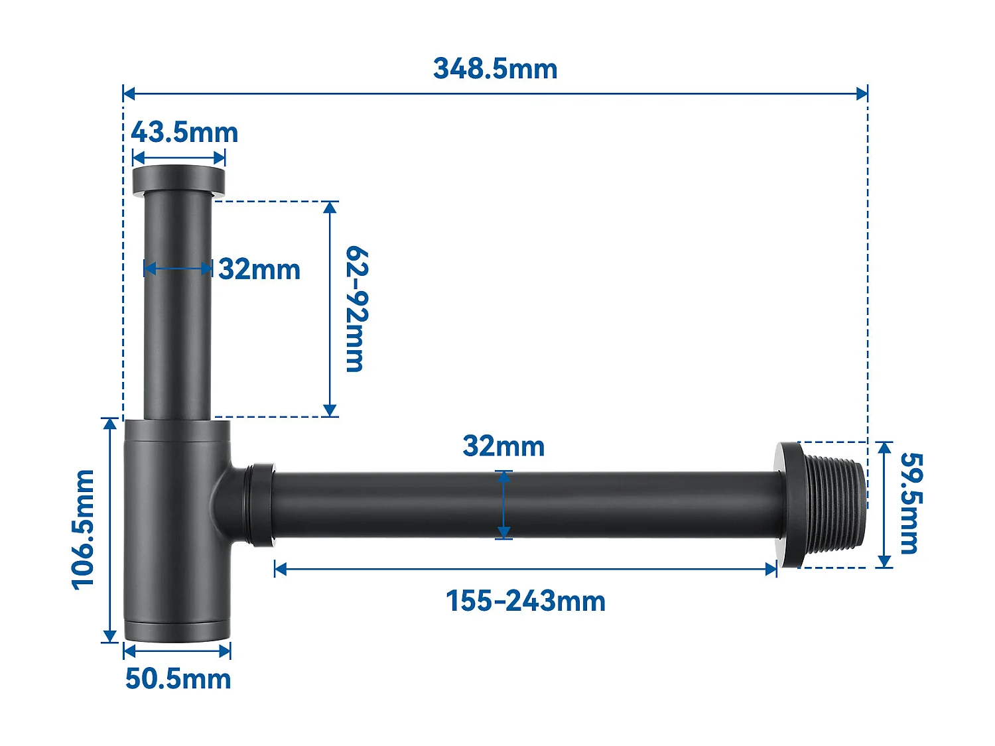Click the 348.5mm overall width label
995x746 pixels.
coord(495,69)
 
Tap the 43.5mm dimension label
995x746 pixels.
coord(184,133)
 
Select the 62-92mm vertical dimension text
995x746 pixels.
coord(356,309)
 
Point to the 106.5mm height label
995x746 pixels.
coord(84,529)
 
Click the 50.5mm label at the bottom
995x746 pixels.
coord(178,679)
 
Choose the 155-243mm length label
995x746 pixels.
coord(525,601)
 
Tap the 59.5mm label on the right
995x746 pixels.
coord(910,503)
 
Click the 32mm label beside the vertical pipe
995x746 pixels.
coord(259,270)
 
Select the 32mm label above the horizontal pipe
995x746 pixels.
coord(503,446)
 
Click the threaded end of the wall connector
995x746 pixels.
coord(836,504)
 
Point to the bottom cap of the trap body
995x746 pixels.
coord(177,631)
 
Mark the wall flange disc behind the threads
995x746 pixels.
coord(789,504)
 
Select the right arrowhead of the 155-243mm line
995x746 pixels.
coord(771,569)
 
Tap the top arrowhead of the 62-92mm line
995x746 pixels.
coord(330,207)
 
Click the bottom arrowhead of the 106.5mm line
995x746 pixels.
coord(110,637)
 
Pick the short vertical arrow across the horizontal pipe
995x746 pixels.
coord(503,505)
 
